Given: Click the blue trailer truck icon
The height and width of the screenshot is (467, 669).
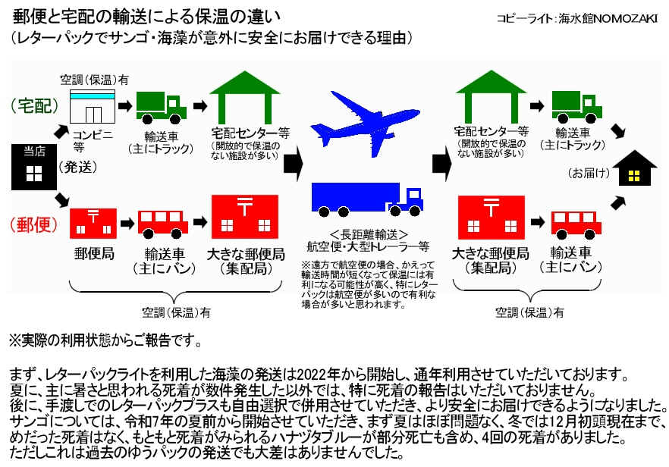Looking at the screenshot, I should tap(367, 199).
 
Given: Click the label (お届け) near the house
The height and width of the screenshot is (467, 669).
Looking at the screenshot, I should tap(589, 174).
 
